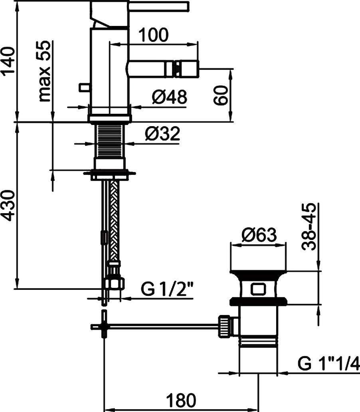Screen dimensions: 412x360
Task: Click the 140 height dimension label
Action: pyautogui.click(x=8, y=60)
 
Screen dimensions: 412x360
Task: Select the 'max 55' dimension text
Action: pyautogui.click(x=45, y=71)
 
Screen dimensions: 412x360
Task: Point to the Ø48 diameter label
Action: pyautogui.click(x=169, y=97)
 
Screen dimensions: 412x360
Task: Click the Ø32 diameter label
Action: pyautogui.click(x=162, y=134)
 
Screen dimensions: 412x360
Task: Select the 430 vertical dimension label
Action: pyautogui.click(x=8, y=205)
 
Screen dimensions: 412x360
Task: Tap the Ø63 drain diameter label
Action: pyautogui.click(x=259, y=235)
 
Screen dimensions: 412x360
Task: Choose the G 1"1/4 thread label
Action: pyautogui.click(x=328, y=364)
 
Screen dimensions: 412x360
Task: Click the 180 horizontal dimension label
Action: pyautogui.click(x=181, y=400)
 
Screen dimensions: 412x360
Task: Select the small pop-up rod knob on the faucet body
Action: pyautogui.click(x=84, y=87)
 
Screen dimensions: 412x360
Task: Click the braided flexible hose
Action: pyautogui.click(x=115, y=220)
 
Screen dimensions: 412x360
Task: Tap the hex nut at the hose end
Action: pyautogui.click(x=115, y=283)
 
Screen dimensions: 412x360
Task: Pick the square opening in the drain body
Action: pyautogui.click(x=259, y=289)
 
